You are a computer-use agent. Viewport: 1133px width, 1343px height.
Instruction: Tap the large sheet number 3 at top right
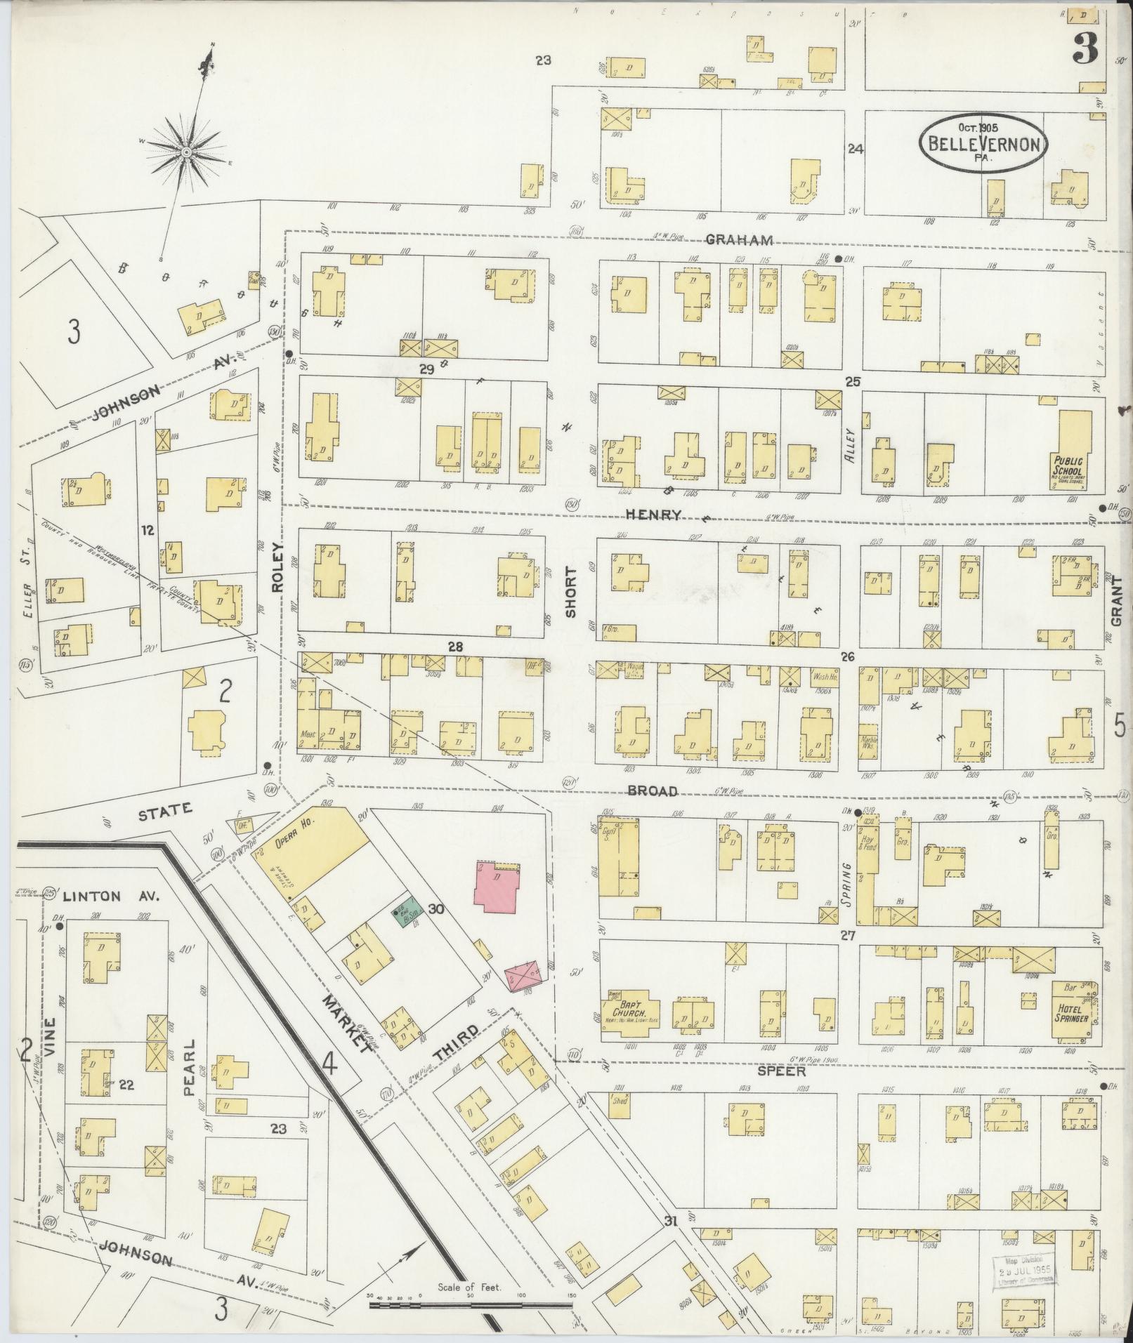click(1089, 50)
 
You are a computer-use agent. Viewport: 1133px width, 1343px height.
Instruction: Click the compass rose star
click(186, 152)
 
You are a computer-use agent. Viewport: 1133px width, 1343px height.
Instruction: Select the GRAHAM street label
click(739, 240)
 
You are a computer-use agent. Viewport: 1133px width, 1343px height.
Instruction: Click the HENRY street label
click(654, 515)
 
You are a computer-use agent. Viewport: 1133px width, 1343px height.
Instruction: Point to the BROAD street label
click(653, 791)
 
